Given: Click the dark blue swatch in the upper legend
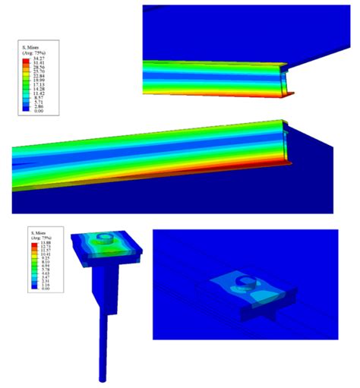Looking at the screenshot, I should [x=25, y=110].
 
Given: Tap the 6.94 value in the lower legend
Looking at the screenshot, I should [x=45, y=266].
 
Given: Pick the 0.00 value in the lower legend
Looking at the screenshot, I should [x=45, y=289].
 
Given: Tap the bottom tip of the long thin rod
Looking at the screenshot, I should [x=102, y=377].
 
